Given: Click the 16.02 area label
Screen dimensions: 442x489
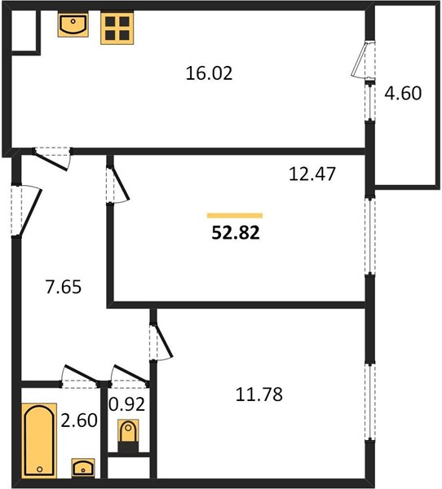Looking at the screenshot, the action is pyautogui.click(x=209, y=73).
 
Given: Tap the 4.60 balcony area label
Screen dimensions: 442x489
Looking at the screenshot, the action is pyautogui.click(x=403, y=93).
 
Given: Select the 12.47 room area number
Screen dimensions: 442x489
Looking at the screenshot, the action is pyautogui.click(x=312, y=174).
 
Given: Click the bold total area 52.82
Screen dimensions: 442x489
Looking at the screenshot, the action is pyautogui.click(x=236, y=232).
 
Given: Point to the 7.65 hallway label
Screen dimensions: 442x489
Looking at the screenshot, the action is pyautogui.click(x=64, y=287).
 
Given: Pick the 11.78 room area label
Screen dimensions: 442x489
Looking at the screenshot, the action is pyautogui.click(x=259, y=394).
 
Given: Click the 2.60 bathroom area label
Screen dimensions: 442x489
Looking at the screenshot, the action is pyautogui.click(x=79, y=421).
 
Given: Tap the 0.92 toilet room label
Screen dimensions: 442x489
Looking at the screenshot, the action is pyautogui.click(x=126, y=404).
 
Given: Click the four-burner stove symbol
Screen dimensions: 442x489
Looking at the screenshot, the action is pyautogui.click(x=117, y=28).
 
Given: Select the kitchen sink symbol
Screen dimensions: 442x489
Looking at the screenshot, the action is pyautogui.click(x=73, y=24).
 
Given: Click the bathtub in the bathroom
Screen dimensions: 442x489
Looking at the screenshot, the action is pyautogui.click(x=39, y=440).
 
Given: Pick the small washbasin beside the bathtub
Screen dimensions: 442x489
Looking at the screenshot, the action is pyautogui.click(x=82, y=468).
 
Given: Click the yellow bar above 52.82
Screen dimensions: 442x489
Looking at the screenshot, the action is pyautogui.click(x=235, y=215).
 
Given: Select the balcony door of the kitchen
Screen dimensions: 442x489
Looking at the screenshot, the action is pyautogui.click(x=363, y=59).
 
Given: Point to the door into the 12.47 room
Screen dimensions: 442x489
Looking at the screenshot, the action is pyautogui.click(x=117, y=185).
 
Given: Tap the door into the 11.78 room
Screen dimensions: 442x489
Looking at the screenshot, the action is pyautogui.click(x=161, y=342).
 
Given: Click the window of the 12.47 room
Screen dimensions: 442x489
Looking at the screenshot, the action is pyautogui.click(x=370, y=236).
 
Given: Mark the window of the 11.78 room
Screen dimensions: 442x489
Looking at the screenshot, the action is pyautogui.click(x=370, y=402).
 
